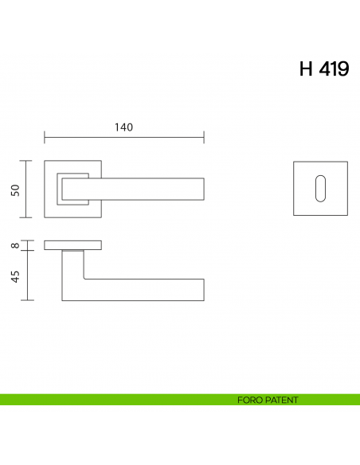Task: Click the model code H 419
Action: (x=323, y=69)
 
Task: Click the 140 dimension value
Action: (x=123, y=127)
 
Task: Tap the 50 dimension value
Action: (x=15, y=190)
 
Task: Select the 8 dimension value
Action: (x=15, y=245)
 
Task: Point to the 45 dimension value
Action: (x=15, y=275)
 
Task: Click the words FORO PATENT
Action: (x=268, y=400)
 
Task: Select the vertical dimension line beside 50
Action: (x=29, y=189)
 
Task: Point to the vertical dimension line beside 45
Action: (x=29, y=275)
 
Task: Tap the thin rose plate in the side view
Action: (x=72, y=244)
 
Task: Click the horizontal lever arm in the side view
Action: (x=143, y=290)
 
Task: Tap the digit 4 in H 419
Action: (x=327, y=69)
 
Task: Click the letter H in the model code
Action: (x=307, y=69)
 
